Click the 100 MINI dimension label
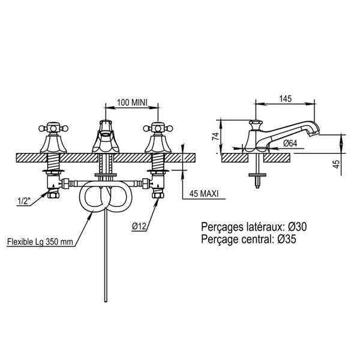click(132, 103)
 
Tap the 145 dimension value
click(286, 99)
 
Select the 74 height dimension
click(216, 137)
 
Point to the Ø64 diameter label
click(290, 143)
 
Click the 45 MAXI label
click(204, 194)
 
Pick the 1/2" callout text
click(24, 202)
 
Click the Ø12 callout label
click(139, 227)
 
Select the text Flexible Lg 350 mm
click(40, 242)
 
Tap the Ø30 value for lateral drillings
click(298, 227)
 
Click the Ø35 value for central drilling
click(287, 239)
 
